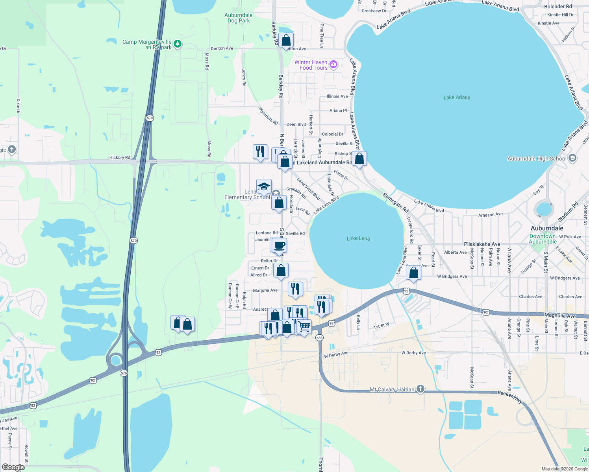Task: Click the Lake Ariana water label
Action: [x=457, y=98]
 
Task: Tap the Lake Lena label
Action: [x=358, y=238]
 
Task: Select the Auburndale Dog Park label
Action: [x=239, y=18]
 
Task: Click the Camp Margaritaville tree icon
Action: [x=178, y=43]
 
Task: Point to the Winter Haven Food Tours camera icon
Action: [x=333, y=64]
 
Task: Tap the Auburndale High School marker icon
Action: [x=573, y=158]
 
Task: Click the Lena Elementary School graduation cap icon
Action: [x=264, y=186]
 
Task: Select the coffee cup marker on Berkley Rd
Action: [x=280, y=245]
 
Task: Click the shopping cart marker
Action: [x=304, y=326]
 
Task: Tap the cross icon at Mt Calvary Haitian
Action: [x=420, y=389]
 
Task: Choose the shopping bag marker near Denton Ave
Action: [x=286, y=40]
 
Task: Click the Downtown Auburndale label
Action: [x=543, y=239]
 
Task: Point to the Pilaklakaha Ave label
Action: [x=482, y=244]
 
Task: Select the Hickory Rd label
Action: [x=120, y=158]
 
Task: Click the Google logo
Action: [x=13, y=467]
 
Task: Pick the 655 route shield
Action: [x=319, y=338]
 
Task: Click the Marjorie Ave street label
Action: [x=265, y=291]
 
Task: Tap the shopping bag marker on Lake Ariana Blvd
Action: [x=359, y=159]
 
